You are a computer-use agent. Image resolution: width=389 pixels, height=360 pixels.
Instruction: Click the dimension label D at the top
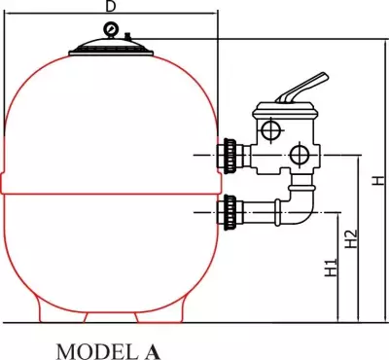click(110, 6)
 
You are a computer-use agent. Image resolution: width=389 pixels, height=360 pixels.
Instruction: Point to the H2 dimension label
click(353, 238)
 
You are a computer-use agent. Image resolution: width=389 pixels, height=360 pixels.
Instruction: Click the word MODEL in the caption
click(88, 347)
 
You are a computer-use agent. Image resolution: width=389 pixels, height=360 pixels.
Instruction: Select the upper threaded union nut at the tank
click(230, 153)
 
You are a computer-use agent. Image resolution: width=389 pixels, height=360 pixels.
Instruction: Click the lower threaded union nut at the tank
click(230, 206)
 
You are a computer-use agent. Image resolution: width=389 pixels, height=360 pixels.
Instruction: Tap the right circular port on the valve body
click(301, 153)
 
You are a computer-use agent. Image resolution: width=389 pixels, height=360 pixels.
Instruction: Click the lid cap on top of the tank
click(110, 45)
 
